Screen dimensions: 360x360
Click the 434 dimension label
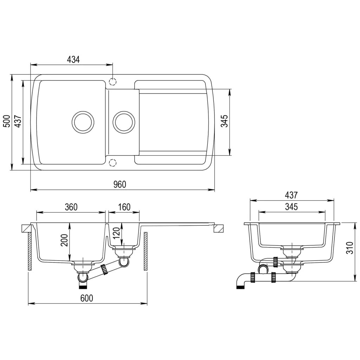coord(73,59)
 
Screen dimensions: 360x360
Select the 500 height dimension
coord(6,122)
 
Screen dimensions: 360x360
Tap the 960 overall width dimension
coord(120,185)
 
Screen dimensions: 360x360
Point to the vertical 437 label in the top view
coord(18,122)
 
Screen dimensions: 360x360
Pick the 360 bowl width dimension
coord(71,207)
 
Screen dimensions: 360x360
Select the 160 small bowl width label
coord(124,207)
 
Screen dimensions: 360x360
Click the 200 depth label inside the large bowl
coord(64,240)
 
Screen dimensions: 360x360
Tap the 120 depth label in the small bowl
coord(117,233)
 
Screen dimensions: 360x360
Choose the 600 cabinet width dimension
coord(86,298)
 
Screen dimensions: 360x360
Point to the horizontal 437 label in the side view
coord(291,195)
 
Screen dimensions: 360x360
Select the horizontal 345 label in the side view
coord(291,207)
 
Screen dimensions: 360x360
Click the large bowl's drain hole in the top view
coord(83,122)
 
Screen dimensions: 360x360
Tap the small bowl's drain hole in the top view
coord(124,122)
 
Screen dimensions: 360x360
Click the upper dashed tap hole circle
coord(112,82)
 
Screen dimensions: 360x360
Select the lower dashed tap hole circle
coord(112,162)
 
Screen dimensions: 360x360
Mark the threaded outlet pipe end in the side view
coord(240,287)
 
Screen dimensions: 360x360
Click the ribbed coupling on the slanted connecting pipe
coord(104,270)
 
